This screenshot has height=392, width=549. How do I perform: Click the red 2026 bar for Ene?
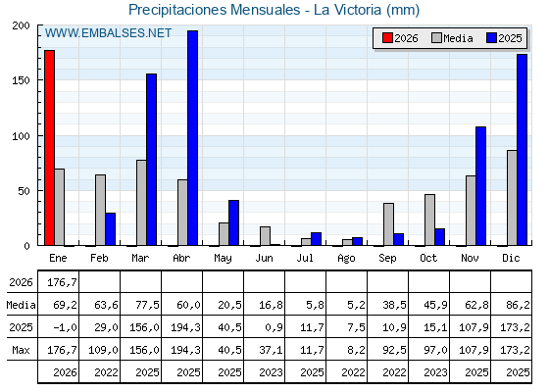pos(49,148)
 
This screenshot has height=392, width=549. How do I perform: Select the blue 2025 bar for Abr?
pos(192,138)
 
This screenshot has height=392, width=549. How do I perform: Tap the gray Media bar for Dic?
pos(512,198)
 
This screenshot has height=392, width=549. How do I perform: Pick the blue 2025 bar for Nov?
pos(480,186)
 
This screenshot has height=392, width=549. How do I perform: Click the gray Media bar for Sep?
pos(388,224)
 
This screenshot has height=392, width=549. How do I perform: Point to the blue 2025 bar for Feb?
pos(110,229)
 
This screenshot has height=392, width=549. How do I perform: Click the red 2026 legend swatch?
pos(387,38)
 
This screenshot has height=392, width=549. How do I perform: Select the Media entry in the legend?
pos(452,38)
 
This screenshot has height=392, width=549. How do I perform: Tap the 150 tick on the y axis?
pos(21,80)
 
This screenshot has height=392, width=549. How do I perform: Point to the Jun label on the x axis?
pos(264,259)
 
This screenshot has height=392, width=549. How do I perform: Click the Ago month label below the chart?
pos(346,259)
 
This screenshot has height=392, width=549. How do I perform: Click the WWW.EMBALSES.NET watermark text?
pos(108,33)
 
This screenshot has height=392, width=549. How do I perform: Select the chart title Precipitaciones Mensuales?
pos(215,10)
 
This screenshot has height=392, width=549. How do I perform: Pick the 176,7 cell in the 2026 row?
pos(62,282)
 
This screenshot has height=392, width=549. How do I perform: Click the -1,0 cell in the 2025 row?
pos(65,327)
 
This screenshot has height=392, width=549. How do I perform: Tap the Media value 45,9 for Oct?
pos(435,305)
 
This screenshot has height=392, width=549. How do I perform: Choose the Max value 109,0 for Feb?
pos(103,350)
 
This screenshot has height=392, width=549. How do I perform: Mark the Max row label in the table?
pos(21,350)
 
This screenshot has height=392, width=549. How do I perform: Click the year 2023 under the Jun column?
pos(271,372)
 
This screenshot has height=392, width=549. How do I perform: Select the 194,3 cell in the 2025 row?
pos(185,327)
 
